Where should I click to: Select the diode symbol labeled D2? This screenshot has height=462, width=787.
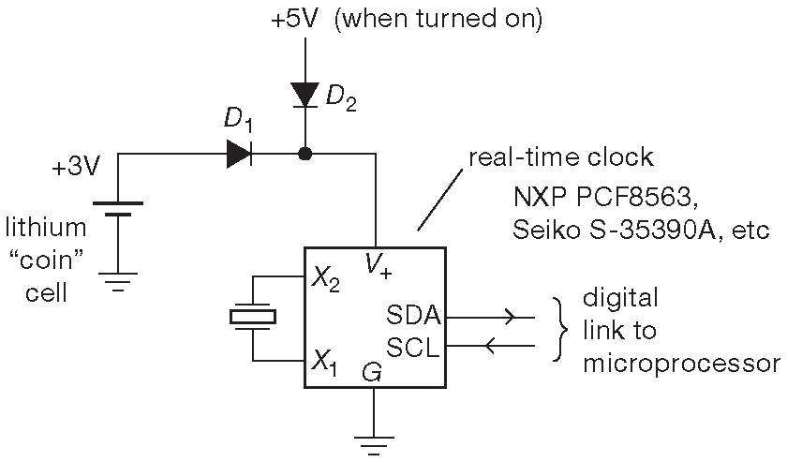coord(304,95)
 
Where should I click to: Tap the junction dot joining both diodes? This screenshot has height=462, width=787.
coord(304,154)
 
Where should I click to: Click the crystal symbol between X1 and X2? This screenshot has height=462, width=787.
coord(253,318)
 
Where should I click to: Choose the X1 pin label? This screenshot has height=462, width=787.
coord(325,359)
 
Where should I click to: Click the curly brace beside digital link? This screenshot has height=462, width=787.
coord(560,330)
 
